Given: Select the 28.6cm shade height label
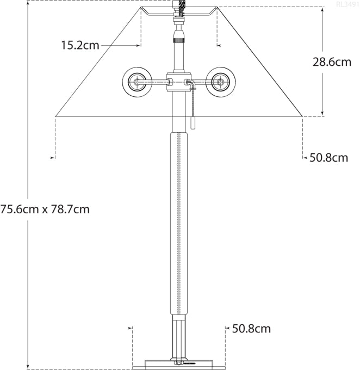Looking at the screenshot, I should [x=332, y=61].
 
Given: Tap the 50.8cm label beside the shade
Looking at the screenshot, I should [x=328, y=158].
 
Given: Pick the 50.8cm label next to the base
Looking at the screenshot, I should [x=251, y=329].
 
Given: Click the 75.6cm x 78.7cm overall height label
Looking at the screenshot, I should [x=45, y=209].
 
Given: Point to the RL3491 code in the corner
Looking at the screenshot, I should [x=347, y=4].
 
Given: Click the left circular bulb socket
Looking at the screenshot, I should [x=136, y=82].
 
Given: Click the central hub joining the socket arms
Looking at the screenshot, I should [x=178, y=82].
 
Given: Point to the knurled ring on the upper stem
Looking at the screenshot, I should [x=178, y=39].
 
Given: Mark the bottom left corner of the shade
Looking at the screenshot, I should [x=56, y=116].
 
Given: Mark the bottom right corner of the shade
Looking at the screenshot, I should [x=302, y=116].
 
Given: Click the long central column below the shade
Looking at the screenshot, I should [x=178, y=223].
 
